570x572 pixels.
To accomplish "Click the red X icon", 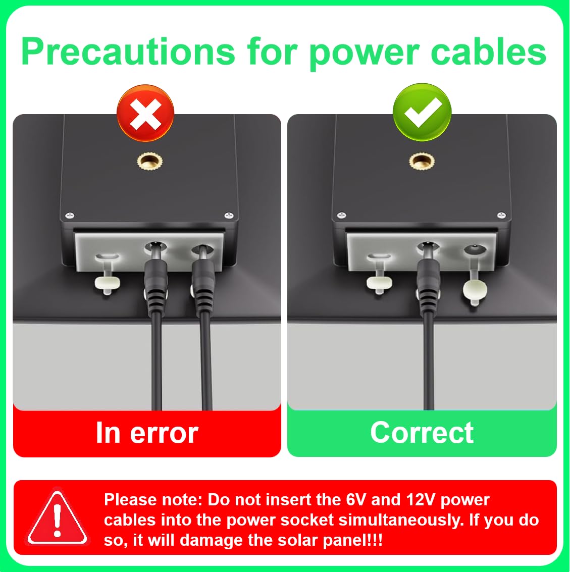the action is click(x=145, y=113).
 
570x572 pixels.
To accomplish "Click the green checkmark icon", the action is click(x=422, y=112).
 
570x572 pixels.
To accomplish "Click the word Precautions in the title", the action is click(x=128, y=52).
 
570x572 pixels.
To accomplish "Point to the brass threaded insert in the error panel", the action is click(x=149, y=161).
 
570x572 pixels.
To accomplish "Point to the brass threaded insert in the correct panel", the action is click(x=422, y=161).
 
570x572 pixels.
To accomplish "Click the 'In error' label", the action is click(x=147, y=433).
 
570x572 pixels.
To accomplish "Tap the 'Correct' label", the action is click(x=422, y=433).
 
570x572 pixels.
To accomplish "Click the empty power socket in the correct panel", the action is click(x=475, y=250).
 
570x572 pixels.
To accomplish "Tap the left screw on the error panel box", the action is click(x=70, y=215).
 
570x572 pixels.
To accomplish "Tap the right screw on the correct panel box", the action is click(x=502, y=215).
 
